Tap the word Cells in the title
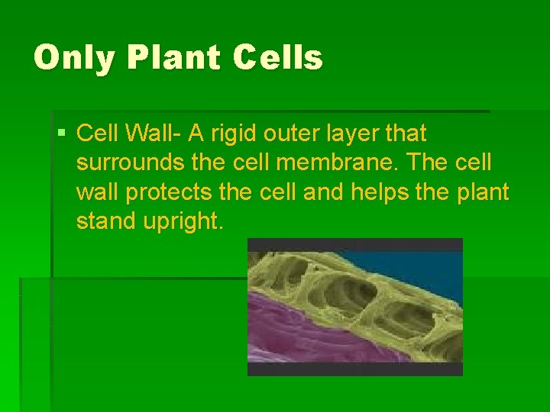coord(278,58)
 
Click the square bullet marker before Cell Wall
coord(62,134)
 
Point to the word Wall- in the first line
coord(155,134)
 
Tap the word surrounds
coord(126,163)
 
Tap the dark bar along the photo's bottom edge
coord(354,369)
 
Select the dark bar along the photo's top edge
coord(354,245)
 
